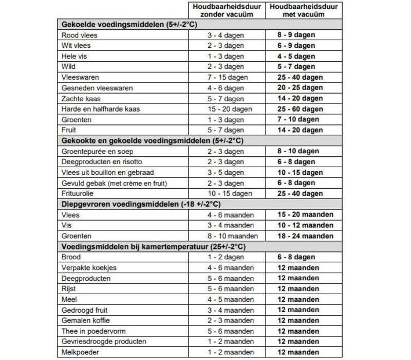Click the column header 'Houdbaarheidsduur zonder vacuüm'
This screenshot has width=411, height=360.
[227, 10]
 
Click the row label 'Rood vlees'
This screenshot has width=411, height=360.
[79, 35]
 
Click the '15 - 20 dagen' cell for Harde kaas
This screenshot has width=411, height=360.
[227, 109]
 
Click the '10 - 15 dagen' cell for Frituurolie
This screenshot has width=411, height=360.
[227, 194]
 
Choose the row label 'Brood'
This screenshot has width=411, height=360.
[70, 257]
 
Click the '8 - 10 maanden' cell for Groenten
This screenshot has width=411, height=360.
[227, 236]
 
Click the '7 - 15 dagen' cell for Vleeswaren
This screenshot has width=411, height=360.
[227, 77]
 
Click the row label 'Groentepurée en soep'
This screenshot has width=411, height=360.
[96, 151]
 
